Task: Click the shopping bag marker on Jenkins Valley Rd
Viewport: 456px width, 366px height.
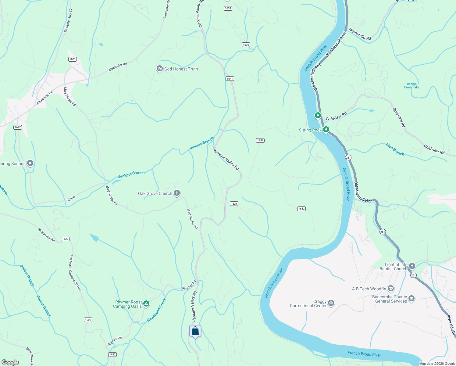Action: [x=195, y=331]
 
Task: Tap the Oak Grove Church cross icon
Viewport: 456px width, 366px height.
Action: [x=177, y=193]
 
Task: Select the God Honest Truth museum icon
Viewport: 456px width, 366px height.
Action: [x=159, y=69]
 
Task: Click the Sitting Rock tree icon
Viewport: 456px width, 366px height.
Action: [x=326, y=130]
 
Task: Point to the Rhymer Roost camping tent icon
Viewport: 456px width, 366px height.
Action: [x=146, y=303]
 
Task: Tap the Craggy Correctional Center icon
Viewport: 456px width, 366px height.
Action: [x=331, y=303]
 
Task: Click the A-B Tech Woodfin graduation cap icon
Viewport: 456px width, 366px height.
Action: [x=391, y=289]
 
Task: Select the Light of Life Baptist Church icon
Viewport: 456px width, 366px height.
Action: [x=412, y=266]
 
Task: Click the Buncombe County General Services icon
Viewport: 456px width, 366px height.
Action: [x=411, y=299]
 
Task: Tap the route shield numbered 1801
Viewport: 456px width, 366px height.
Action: [x=73, y=59]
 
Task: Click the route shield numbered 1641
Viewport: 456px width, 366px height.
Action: [x=230, y=79]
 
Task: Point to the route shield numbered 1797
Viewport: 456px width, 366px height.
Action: [x=260, y=140]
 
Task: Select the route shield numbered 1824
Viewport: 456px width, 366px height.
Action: [x=234, y=204]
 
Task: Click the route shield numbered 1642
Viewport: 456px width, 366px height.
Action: [x=301, y=209]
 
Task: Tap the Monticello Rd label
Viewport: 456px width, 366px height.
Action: [x=360, y=34]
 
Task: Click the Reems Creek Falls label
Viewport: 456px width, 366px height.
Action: [x=411, y=86]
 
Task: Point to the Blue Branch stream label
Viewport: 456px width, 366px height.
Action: [x=395, y=149]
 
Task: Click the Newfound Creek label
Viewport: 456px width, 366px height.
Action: [x=156, y=310]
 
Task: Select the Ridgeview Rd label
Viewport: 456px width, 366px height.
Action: [x=47, y=235]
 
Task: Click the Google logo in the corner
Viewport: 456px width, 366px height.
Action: [x=10, y=362]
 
